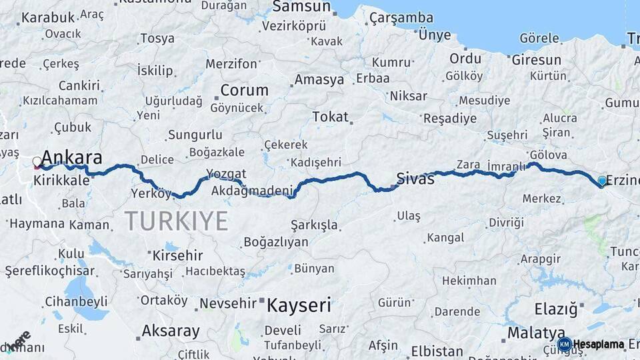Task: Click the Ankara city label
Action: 72,158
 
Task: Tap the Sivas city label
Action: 415,179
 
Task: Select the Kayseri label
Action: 299,306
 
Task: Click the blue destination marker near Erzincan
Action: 602,181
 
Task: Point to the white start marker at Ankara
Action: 37,161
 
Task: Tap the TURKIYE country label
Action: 176,220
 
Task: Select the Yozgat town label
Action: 225,174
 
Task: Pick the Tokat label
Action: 330,117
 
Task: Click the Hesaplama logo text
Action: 599,345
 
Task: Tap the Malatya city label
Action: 536,333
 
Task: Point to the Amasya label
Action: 319,80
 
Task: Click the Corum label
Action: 244,90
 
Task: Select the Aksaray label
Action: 171,331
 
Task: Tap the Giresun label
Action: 536,60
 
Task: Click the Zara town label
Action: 468,165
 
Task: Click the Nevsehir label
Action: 229,304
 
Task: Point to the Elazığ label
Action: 555,309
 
